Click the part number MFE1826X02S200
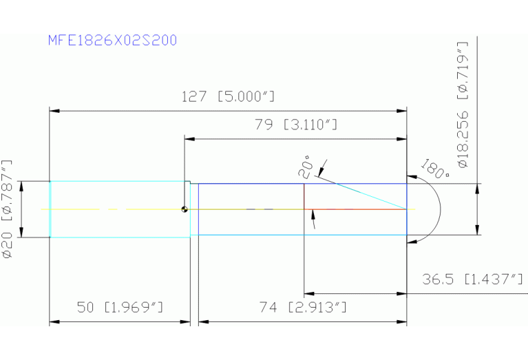tap(112, 41)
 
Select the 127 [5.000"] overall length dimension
tap(229, 96)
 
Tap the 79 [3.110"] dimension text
tap(295, 125)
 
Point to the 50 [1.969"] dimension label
tap(120, 307)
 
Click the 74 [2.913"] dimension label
tap(303, 307)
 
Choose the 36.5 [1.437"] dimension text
tap(473, 279)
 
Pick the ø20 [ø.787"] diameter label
tap(8, 209)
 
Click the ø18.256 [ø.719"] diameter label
tap(463, 105)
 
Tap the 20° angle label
tap(306, 167)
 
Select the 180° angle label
tap(435, 169)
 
